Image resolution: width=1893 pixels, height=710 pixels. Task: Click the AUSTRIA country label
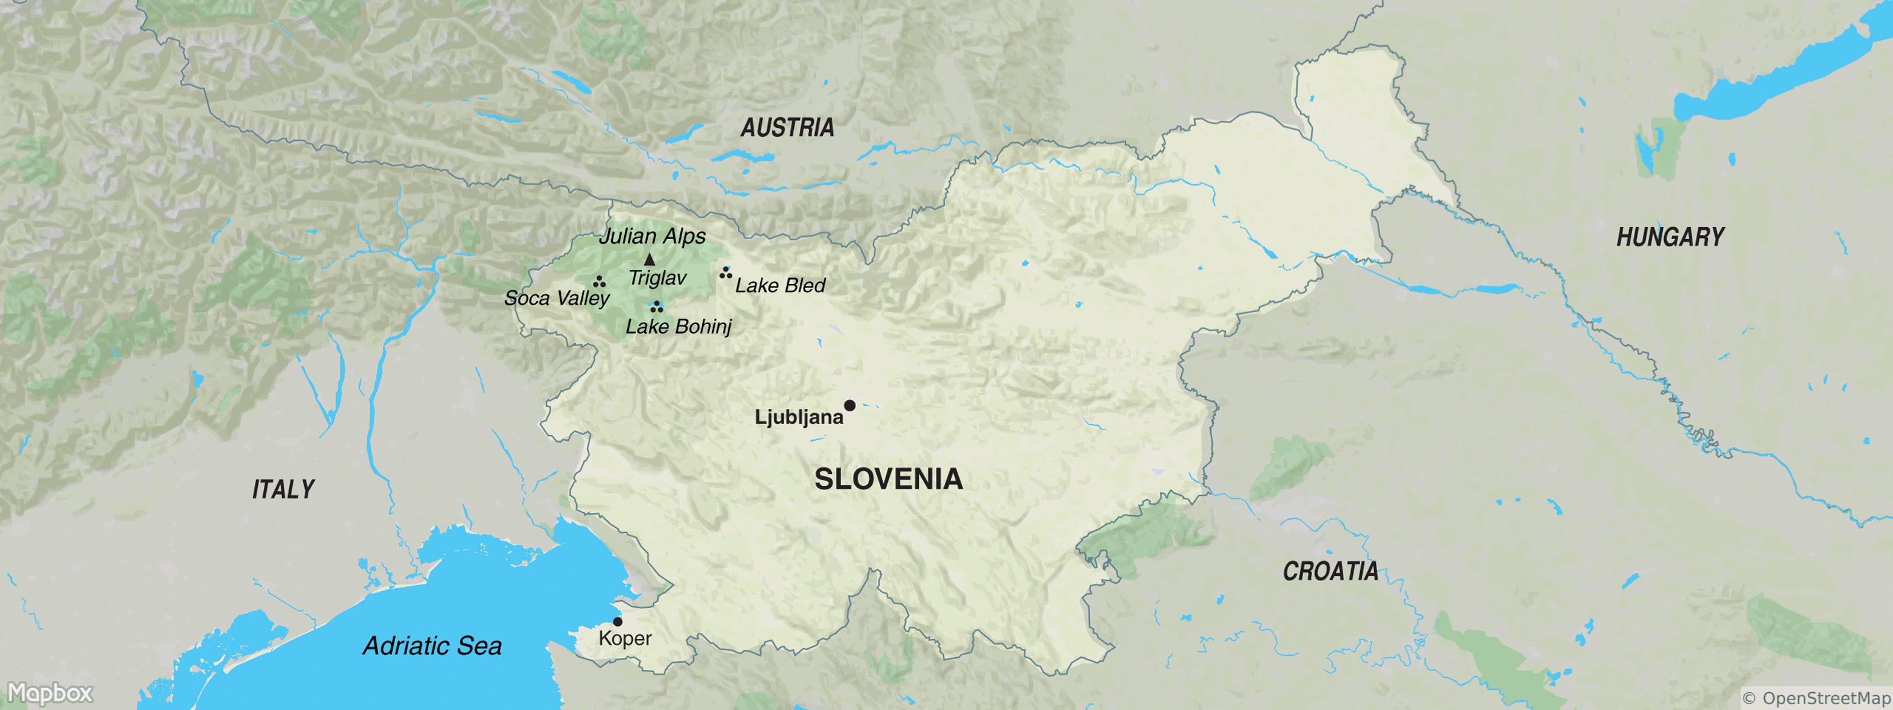tap(787, 128)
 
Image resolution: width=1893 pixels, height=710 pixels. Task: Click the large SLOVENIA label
tap(889, 479)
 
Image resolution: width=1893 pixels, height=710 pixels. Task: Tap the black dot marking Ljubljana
tap(849, 406)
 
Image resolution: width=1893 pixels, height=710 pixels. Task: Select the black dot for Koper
tap(617, 622)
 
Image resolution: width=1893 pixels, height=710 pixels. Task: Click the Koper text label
tap(625, 638)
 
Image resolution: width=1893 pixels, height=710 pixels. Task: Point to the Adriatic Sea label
tap(432, 646)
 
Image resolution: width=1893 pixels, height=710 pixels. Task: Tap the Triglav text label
tap(657, 278)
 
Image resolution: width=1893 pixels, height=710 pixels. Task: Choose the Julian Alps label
tap(652, 236)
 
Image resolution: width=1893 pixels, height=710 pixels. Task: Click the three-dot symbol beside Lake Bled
tap(725, 273)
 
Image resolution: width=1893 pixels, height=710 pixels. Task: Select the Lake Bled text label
tap(780, 285)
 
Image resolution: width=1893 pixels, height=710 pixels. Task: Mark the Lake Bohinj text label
tap(679, 327)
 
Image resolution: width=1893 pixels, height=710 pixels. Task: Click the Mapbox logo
tap(50, 693)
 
